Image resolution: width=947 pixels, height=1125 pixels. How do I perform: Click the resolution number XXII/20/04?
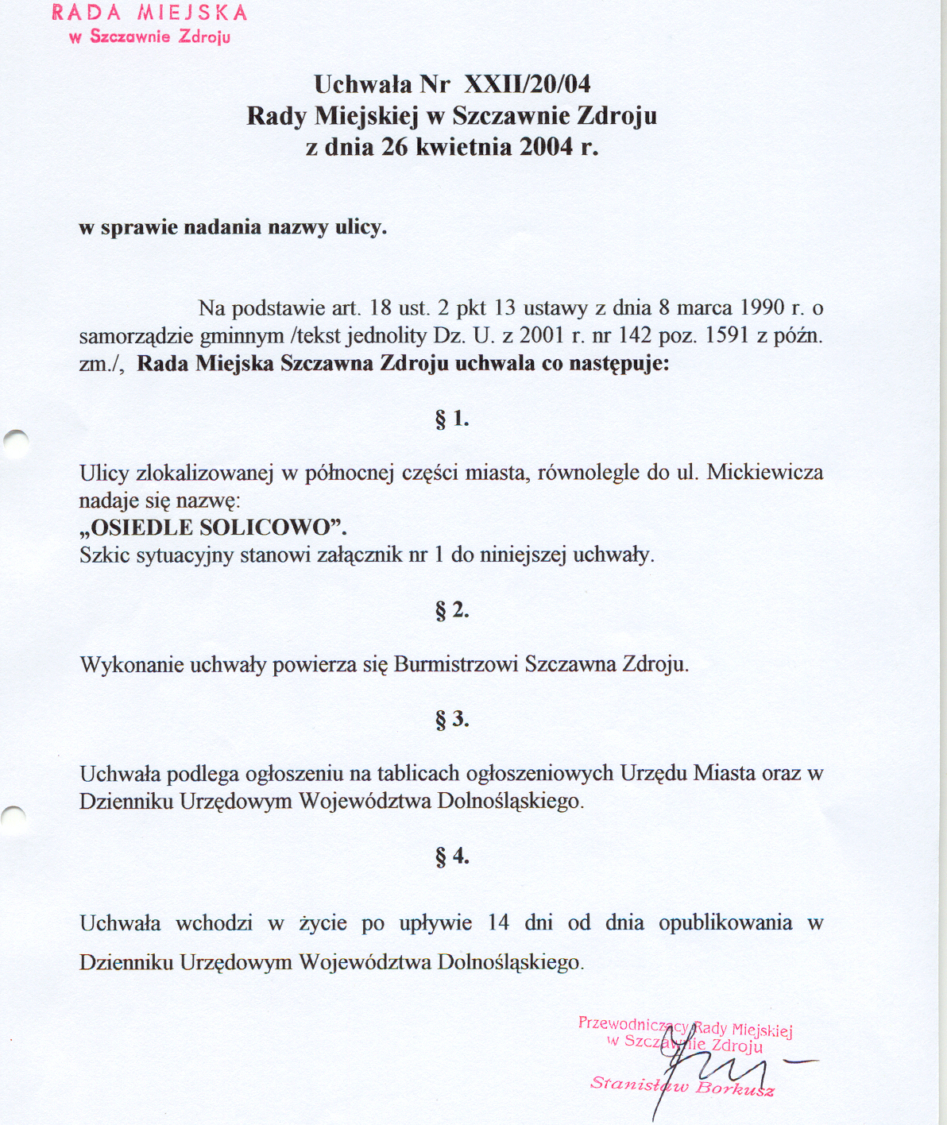point(527,84)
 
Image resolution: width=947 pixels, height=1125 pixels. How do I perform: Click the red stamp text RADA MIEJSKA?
point(150,14)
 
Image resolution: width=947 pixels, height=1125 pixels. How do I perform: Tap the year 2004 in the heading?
point(547,147)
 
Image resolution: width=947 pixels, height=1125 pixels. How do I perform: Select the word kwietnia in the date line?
point(463,147)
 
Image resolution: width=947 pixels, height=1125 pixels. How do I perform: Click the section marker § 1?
point(452,419)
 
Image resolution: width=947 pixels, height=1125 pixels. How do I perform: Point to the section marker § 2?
point(452,610)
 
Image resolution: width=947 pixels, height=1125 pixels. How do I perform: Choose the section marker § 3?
point(452,720)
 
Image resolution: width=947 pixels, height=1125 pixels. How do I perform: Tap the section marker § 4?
point(452,856)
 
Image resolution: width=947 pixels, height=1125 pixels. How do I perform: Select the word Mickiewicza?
point(764,473)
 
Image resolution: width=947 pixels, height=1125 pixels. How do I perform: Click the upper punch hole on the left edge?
point(16,443)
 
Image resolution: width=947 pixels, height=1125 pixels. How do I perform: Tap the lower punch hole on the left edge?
point(14,821)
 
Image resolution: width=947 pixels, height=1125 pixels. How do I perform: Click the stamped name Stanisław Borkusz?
point(682,1086)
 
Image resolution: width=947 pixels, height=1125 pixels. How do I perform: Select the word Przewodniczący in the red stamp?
point(633,1025)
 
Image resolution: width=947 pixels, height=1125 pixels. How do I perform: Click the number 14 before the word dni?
point(498,922)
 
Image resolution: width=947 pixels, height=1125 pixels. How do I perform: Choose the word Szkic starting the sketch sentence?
point(104,555)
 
